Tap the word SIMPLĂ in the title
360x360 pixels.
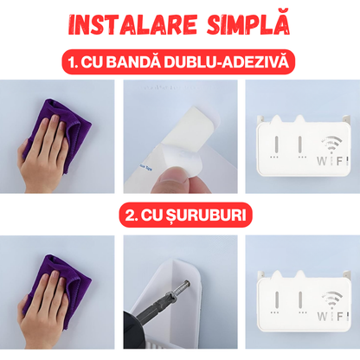(x=247, y=22)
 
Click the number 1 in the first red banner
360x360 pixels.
(x=72, y=61)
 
